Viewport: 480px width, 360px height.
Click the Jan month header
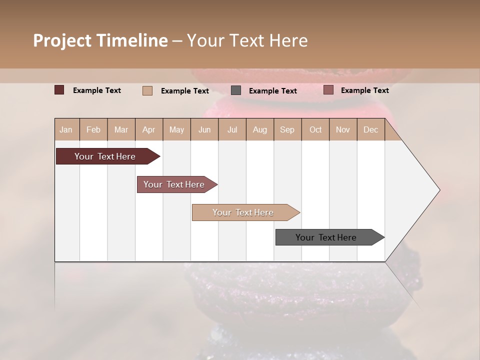[66, 130]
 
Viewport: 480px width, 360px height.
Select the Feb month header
[93, 130]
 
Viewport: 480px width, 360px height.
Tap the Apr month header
[149, 130]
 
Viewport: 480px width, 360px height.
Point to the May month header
[176, 130]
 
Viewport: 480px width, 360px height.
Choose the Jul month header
[232, 130]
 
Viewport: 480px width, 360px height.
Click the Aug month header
[260, 130]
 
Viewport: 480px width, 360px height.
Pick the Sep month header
[287, 130]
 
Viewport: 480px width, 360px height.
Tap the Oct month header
[315, 130]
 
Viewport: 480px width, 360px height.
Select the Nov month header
[343, 130]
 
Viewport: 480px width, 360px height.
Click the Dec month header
[371, 130]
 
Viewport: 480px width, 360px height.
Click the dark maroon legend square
[59, 90]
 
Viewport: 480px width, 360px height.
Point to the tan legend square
[147, 90]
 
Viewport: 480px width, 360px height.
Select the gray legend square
[236, 90]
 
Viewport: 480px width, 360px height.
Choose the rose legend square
[328, 90]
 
